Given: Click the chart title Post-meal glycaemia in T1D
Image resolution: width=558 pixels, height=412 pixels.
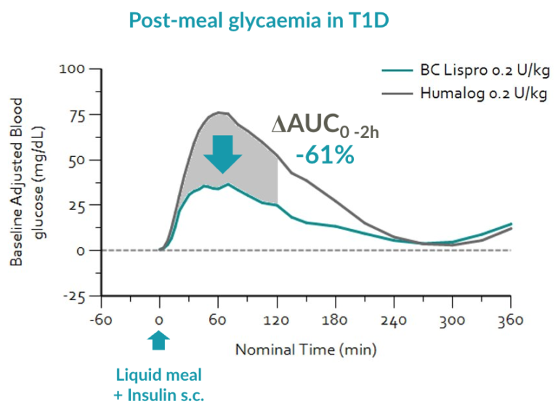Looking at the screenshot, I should point(259,20).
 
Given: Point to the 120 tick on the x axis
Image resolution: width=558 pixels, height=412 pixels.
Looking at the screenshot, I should point(277,319).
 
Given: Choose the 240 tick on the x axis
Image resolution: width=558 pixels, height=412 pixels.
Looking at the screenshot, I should point(394,319).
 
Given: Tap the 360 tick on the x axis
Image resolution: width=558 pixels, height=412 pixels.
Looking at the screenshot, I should point(511,319).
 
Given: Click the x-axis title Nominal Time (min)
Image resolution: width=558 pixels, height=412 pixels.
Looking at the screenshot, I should point(306,350).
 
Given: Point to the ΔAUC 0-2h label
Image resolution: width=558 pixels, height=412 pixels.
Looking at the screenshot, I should point(327,126).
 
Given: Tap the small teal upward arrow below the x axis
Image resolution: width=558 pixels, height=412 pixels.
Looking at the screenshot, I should point(159,340).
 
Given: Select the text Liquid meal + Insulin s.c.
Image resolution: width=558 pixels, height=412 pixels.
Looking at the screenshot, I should point(159,384).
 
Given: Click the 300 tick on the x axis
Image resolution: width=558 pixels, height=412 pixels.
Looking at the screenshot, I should point(452,319).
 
